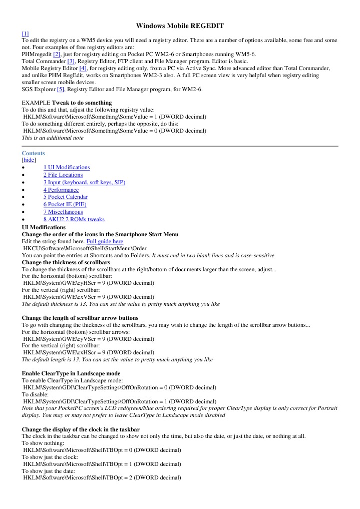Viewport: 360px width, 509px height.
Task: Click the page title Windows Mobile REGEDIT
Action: click(x=180, y=26)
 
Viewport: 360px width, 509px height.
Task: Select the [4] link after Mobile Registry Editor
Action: click(x=83, y=68)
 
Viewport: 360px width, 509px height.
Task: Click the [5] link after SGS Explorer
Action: click(x=61, y=89)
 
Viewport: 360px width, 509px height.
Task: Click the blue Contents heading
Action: click(x=33, y=153)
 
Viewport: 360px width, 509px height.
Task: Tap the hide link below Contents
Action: click(x=29, y=160)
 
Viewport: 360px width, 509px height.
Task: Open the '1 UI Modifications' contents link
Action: click(x=67, y=168)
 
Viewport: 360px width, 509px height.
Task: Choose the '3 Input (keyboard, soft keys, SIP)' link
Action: click(x=84, y=182)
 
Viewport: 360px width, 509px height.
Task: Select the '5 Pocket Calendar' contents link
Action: click(x=66, y=197)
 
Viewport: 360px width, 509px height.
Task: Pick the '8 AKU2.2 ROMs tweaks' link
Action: click(x=74, y=219)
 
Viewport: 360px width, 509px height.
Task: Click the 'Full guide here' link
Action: click(x=105, y=241)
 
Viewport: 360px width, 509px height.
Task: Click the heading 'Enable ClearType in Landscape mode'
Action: click(x=71, y=373)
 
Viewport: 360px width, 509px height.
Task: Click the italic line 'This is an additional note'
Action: click(x=53, y=138)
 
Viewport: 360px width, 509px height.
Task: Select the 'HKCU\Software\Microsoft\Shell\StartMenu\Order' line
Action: click(x=85, y=248)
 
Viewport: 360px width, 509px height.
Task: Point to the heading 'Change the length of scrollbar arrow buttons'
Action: click(x=80, y=318)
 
